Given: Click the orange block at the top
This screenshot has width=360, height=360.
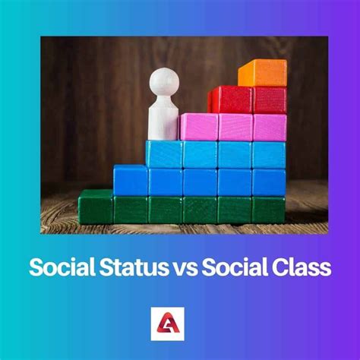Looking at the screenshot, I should tap(262, 72).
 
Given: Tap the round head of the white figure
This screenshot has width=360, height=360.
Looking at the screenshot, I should tap(164, 81).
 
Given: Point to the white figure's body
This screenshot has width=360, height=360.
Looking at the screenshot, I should tap(163, 118).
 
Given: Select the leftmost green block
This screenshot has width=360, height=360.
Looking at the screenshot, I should tap(96, 207).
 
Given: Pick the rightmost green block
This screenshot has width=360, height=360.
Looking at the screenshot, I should tap(268, 210).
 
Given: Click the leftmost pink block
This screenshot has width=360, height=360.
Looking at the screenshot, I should tap(198, 127).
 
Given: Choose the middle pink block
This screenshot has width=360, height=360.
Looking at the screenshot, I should tap(235, 127).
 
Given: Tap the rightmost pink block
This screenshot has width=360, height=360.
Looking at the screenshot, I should tap(270, 127).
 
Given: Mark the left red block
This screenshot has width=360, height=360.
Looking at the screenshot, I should tap(231, 99).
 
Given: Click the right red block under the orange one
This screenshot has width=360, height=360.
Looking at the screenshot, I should tap(270, 99).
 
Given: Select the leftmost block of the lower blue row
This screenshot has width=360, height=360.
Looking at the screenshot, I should tap(131, 181).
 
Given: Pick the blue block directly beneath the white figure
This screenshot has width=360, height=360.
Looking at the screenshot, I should tap(164, 154).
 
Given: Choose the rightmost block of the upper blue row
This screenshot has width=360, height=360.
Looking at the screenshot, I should tap(269, 154).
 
